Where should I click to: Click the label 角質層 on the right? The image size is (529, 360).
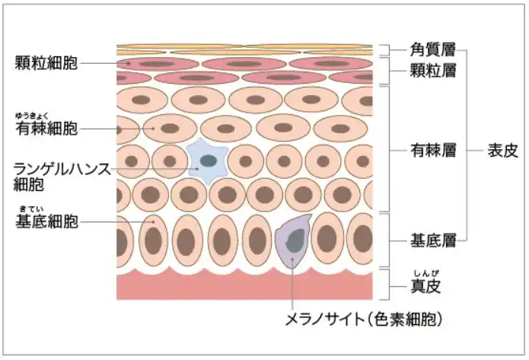click(x=432, y=51)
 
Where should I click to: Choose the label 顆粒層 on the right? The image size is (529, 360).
click(x=432, y=72)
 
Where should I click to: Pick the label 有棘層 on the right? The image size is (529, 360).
click(x=432, y=149)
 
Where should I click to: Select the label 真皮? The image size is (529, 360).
click(x=425, y=287)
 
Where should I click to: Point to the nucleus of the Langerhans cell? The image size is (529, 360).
click(x=208, y=161)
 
